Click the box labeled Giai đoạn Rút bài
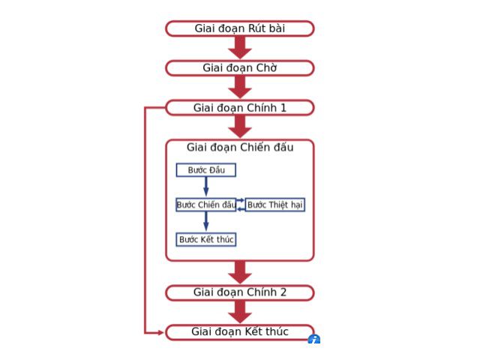tap(239, 28)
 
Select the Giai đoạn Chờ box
tap(239, 68)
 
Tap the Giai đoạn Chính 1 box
tap(239, 108)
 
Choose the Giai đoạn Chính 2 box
tap(239, 292)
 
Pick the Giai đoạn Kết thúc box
tap(239, 331)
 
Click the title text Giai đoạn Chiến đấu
tap(239, 148)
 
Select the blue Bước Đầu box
tap(205, 170)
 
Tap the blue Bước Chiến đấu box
tap(205, 205)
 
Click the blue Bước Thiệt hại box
tap(275, 205)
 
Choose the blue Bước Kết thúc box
tap(205, 239)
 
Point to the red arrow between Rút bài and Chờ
tap(239, 48)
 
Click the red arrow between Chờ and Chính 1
tap(239, 88)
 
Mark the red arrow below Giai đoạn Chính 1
tap(239, 127)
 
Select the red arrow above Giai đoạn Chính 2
tap(239, 272)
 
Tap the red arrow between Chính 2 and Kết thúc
tap(239, 312)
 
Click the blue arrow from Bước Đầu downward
tap(206, 187)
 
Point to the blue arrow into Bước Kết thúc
tap(206, 222)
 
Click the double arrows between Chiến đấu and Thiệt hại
tap(241, 205)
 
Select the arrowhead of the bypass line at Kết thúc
tap(160, 331)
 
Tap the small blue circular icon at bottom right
tap(313, 340)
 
